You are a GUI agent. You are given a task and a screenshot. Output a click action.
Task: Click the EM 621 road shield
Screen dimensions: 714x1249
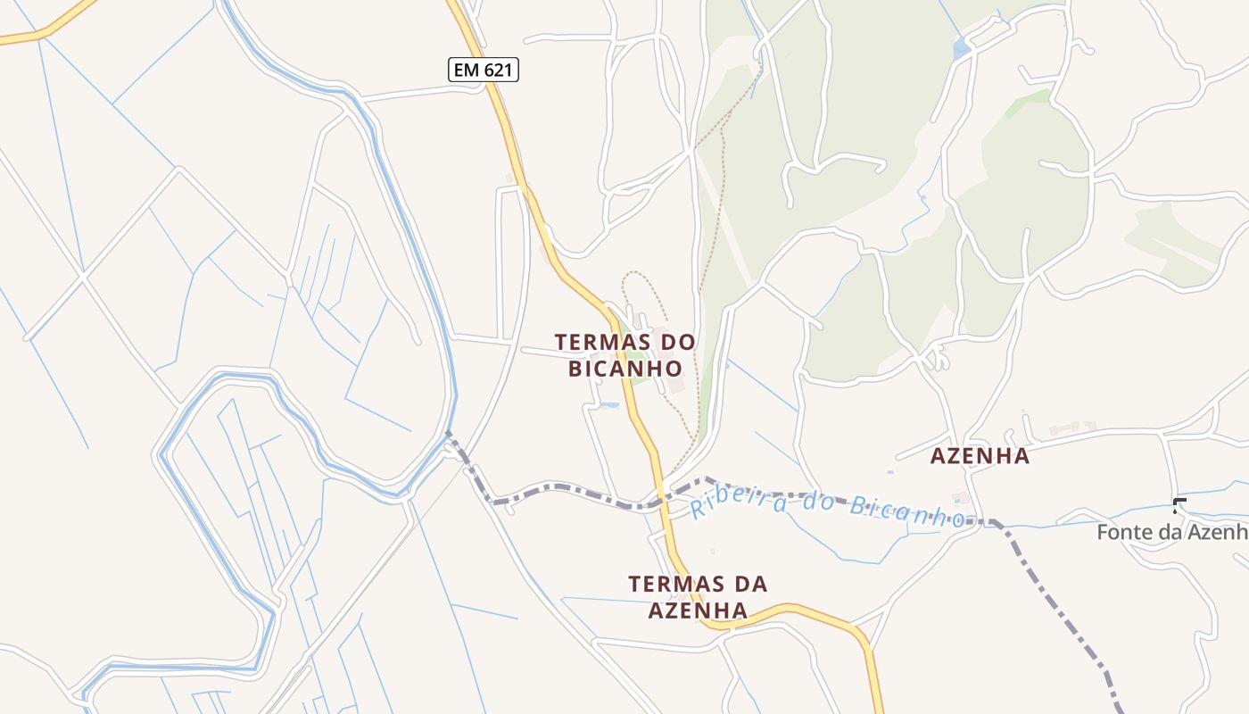(x=483, y=70)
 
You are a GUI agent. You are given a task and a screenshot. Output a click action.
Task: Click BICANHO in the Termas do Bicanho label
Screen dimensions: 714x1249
(x=625, y=368)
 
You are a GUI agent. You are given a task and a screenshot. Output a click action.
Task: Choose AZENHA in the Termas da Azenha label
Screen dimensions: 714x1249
(x=698, y=610)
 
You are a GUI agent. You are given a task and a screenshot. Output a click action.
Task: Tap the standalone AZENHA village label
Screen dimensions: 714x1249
(x=980, y=456)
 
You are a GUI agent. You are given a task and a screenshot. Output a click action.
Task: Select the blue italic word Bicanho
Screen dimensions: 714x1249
(x=906, y=510)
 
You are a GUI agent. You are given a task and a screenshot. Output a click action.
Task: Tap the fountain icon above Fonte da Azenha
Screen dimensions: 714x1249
(x=1179, y=505)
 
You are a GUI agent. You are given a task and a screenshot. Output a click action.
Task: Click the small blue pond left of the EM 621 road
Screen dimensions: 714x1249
(x=609, y=406)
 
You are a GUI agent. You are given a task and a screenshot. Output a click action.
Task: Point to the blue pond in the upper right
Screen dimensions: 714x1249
(x=961, y=49)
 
